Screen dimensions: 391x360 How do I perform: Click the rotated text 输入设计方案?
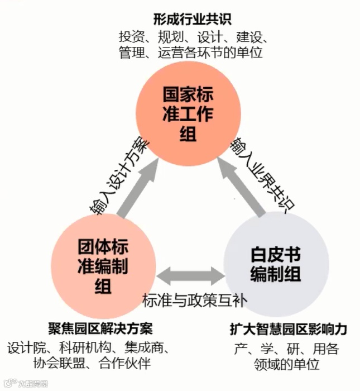[119, 173]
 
